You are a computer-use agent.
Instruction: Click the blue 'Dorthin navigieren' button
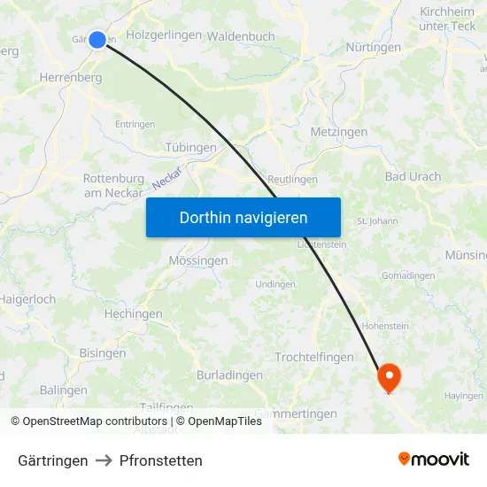point(243,218)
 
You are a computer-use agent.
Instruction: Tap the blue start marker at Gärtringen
point(97,39)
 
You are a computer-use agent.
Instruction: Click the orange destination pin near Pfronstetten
point(389,378)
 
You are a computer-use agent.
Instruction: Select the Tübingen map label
point(190,148)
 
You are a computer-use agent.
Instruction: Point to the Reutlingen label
point(292,179)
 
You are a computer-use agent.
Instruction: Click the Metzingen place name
point(339,132)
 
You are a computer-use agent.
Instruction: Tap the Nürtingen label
point(373,47)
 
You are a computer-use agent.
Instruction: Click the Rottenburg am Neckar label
point(113,186)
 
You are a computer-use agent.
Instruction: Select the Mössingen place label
point(198,261)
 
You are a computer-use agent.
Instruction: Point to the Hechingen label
point(133,314)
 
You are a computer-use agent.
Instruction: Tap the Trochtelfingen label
point(314,358)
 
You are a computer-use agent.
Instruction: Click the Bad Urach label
point(413,177)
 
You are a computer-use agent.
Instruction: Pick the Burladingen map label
point(229,375)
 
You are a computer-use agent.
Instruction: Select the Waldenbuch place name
point(241,37)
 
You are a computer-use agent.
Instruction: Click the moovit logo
point(434,460)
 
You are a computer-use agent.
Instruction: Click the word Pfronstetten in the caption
point(161,460)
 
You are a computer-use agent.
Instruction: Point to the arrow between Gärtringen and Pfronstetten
point(104,460)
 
